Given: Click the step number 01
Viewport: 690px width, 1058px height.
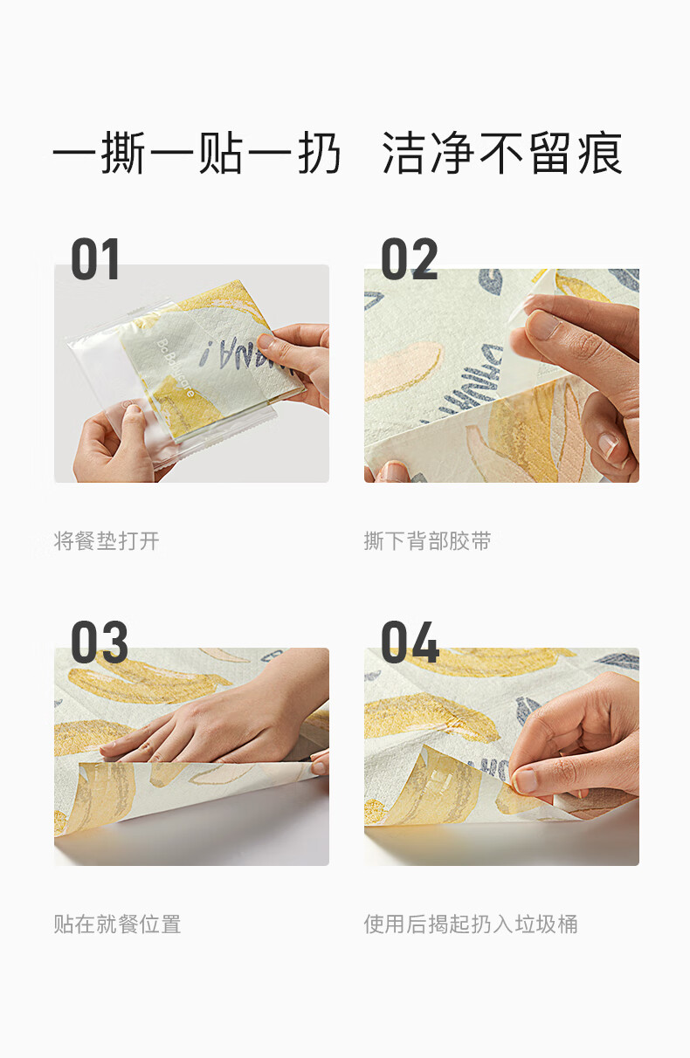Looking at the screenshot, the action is [95, 259].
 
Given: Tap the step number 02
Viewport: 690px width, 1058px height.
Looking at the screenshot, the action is [410, 259].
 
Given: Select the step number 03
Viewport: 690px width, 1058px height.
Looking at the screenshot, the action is [100, 642].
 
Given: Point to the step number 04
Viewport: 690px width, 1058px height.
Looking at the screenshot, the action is [410, 642].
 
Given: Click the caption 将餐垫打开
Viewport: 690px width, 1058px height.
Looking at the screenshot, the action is [107, 541].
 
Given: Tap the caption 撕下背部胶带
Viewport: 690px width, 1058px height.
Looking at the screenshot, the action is [428, 541].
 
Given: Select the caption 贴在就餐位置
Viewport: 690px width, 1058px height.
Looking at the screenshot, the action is [117, 924].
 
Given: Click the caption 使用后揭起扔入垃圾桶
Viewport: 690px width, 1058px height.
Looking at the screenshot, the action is [471, 924].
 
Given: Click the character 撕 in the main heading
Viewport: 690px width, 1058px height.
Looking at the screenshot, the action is [123, 153].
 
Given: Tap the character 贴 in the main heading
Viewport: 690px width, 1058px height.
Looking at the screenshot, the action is [221, 153].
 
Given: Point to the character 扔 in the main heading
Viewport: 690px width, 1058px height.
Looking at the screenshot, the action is [319, 153].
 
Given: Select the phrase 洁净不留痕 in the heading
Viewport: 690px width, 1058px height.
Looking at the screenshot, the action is [502, 153].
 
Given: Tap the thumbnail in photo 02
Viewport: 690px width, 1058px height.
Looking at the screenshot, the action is [542, 324].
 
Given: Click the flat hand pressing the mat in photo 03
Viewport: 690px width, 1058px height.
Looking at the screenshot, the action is [208, 727].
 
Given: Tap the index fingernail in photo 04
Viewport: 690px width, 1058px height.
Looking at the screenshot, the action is [525, 780].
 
